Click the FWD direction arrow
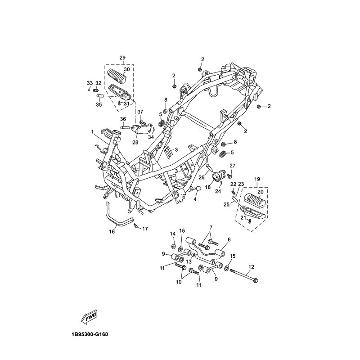pyautogui.click(x=89, y=318)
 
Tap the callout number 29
pyautogui.click(x=122, y=58)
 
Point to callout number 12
pyautogui.click(x=251, y=267)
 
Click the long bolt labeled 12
pyautogui.click(x=244, y=276)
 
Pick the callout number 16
pyautogui.click(x=112, y=232)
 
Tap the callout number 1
pyautogui.click(x=92, y=132)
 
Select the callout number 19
pyautogui.click(x=257, y=179)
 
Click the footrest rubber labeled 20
pyautogui.click(x=255, y=199)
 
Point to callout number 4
pyautogui.click(x=195, y=199)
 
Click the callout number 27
pyautogui.click(x=233, y=166)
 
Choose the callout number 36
pyautogui.click(x=123, y=119)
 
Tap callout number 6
pyautogui.click(x=229, y=240)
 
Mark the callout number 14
pyautogui.click(x=173, y=234)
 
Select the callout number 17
pyautogui.click(x=145, y=229)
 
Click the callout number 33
pyautogui.click(x=90, y=83)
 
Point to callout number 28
pyautogui.click(x=135, y=143)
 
